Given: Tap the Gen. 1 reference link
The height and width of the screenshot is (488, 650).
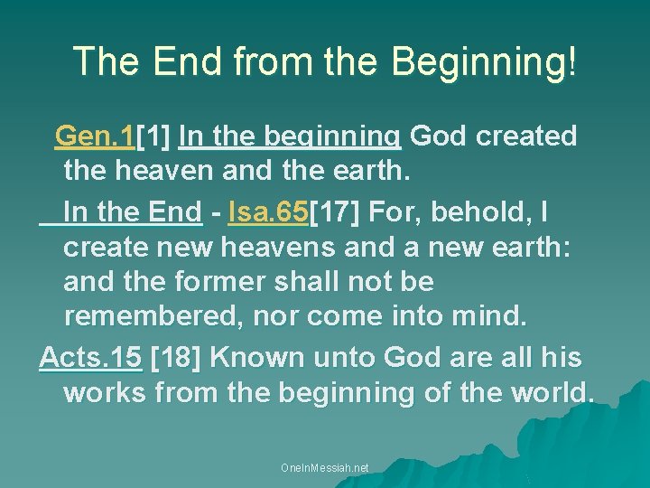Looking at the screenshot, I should tap(95, 136).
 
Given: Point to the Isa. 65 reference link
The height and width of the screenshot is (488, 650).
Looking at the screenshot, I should tap(269, 212).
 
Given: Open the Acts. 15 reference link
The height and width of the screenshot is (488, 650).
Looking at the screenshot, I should tap(91, 358).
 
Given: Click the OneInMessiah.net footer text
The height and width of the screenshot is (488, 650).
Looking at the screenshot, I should tap(325, 468).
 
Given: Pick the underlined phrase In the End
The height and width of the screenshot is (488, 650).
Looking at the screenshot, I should tap(132, 212).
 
